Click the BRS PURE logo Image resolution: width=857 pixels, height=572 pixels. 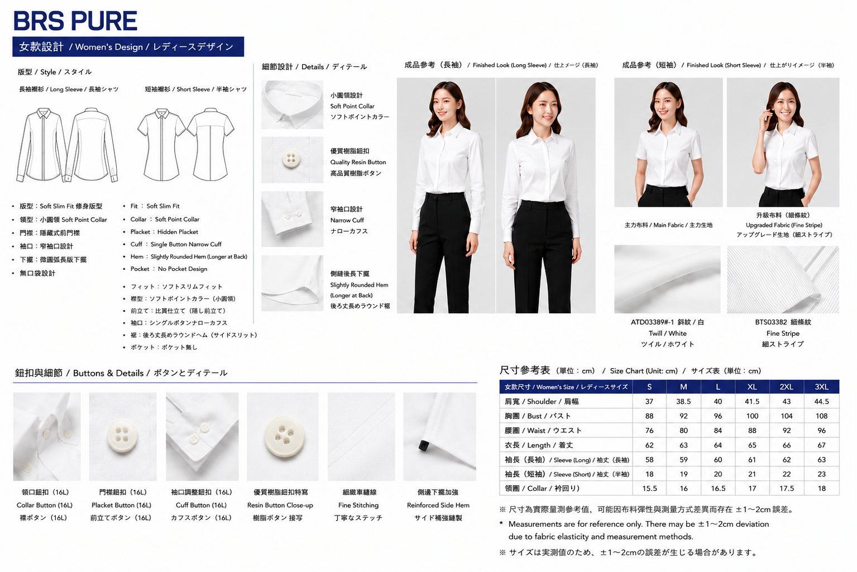[x=75, y=21]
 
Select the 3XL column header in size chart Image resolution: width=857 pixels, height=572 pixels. [x=821, y=387]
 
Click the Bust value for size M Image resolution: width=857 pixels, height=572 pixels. [x=683, y=416]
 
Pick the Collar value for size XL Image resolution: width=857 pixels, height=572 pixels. [x=752, y=489]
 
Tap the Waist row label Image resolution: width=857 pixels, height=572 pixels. [x=543, y=430]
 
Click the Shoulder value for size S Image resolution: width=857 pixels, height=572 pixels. [x=649, y=401]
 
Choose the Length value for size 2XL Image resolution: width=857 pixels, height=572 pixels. [x=787, y=445]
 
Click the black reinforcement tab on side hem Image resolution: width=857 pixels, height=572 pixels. [x=423, y=446]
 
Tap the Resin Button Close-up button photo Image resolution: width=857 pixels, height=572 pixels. [x=283, y=436]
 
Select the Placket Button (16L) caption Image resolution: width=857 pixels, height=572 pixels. [x=121, y=505]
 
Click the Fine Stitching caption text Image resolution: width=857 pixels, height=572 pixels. [x=358, y=505]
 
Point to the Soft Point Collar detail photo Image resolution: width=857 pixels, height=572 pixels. [x=293, y=104]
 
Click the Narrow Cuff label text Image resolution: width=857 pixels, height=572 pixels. [x=347, y=220]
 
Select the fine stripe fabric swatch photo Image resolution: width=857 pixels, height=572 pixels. [x=783, y=279]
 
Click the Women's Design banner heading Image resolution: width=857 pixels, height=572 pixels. [x=128, y=47]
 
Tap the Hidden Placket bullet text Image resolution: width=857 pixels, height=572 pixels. [x=164, y=232]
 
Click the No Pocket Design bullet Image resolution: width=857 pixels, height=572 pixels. [x=169, y=269]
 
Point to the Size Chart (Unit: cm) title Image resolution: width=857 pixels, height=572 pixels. [x=644, y=370]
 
